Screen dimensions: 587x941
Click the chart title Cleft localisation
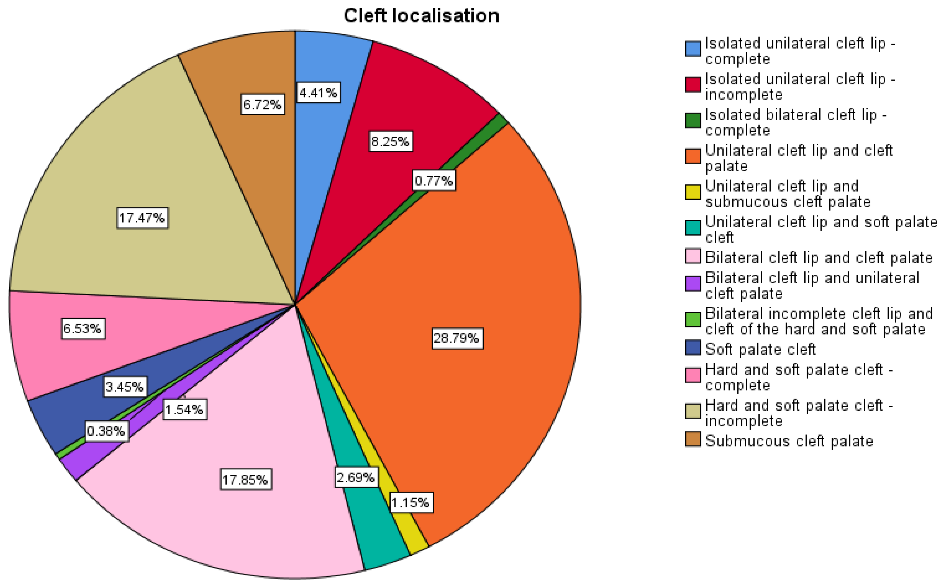pos(421,16)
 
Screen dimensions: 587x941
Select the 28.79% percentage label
pos(457,338)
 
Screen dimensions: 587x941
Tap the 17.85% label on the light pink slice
pos(246,480)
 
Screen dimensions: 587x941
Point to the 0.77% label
pos(434,181)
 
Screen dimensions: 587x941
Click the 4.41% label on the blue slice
pos(318,93)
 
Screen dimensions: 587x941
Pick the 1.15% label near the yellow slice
pos(410,503)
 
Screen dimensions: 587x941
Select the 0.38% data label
pos(106,431)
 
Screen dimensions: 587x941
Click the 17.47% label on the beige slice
pos(142,218)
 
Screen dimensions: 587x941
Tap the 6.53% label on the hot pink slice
pos(83,329)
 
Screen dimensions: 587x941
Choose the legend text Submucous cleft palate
pos(789,441)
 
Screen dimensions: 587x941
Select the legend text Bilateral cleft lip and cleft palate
pos(818,258)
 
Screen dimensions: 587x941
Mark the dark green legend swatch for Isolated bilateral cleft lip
pos(693,120)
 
